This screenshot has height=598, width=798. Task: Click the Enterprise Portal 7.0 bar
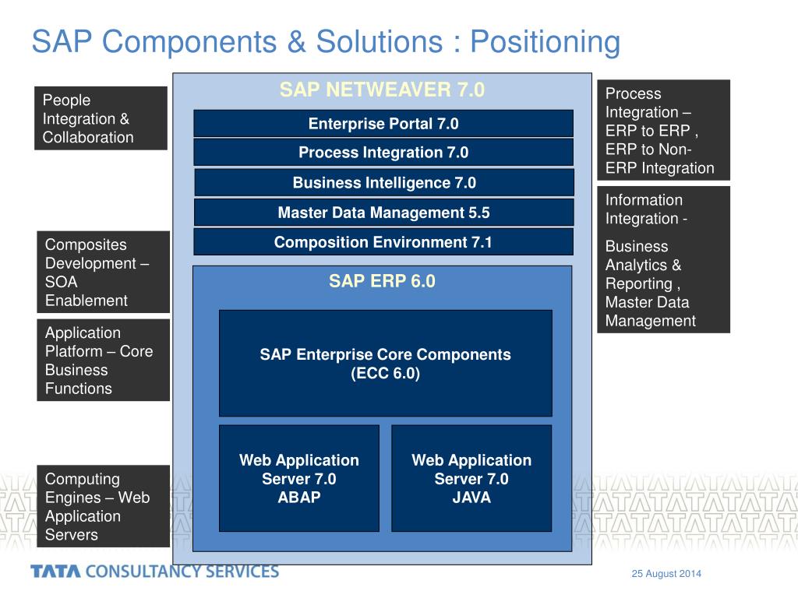tap(383, 124)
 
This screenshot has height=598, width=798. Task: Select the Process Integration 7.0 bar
tap(383, 153)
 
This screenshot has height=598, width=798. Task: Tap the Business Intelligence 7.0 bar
tap(383, 183)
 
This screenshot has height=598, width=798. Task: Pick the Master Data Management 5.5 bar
tap(383, 213)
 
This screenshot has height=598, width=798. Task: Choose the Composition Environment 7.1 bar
tap(383, 242)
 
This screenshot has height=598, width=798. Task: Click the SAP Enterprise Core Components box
tap(385, 364)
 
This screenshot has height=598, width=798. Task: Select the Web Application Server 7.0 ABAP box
tap(299, 478)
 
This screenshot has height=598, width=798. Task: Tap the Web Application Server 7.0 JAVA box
tap(471, 478)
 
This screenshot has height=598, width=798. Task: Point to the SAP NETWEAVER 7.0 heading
tap(382, 90)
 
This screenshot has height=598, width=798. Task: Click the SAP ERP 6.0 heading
tap(382, 281)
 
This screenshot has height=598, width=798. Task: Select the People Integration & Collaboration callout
tap(101, 118)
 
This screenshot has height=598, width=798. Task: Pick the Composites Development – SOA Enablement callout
tap(103, 272)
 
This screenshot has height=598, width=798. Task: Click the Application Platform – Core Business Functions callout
tap(103, 360)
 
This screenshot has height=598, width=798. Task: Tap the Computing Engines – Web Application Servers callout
tap(103, 506)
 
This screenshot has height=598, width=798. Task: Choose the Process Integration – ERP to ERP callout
tap(663, 130)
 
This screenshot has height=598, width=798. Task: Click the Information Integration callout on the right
tap(663, 259)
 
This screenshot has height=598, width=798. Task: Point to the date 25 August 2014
tap(666, 574)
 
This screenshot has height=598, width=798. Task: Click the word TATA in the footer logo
tap(55, 572)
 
